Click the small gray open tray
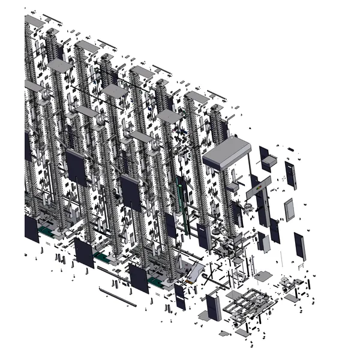[x=267, y=161]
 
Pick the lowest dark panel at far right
[x=299, y=247]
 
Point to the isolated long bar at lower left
[x=117, y=296]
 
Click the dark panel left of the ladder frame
[x=214, y=307]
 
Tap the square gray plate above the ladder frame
[x=262, y=277]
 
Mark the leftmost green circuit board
[x=45, y=229]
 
